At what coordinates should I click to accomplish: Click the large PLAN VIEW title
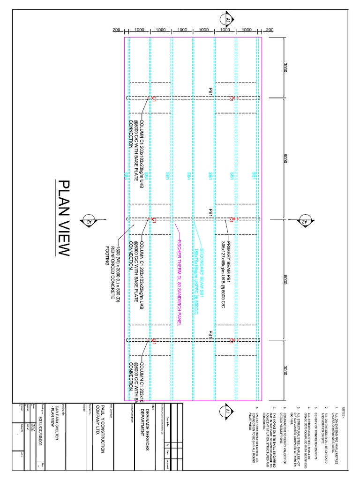pos(63,218)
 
